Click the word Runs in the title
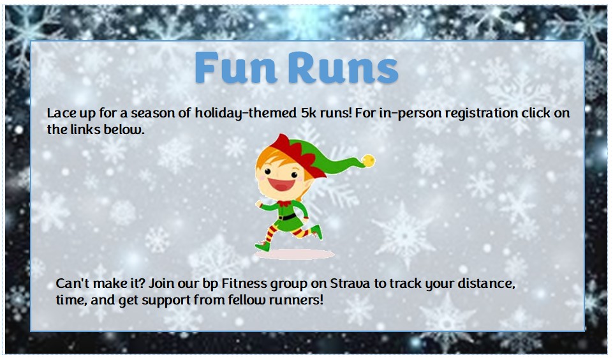point(342,68)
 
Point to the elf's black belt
point(288,217)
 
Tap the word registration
point(477,114)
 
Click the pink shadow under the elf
point(295,254)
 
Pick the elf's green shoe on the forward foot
point(262,245)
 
